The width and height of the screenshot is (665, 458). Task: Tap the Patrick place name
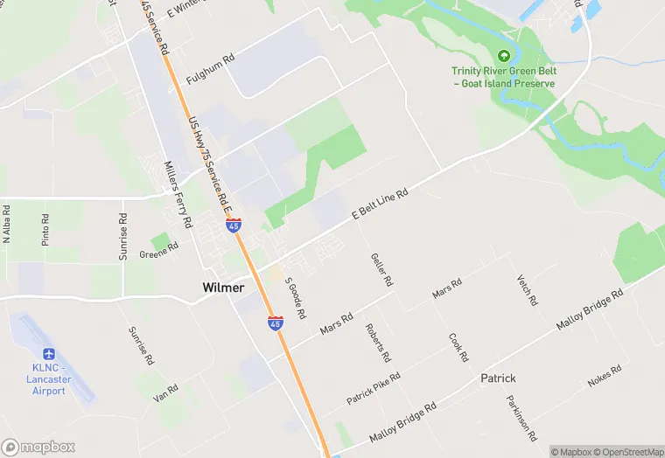pyautogui.click(x=498, y=378)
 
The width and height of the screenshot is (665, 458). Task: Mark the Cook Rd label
pyautogui.click(x=458, y=347)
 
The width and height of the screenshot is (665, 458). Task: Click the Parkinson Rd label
pyautogui.click(x=519, y=417)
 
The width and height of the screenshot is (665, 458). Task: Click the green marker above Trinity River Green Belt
pyautogui.click(x=503, y=55)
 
